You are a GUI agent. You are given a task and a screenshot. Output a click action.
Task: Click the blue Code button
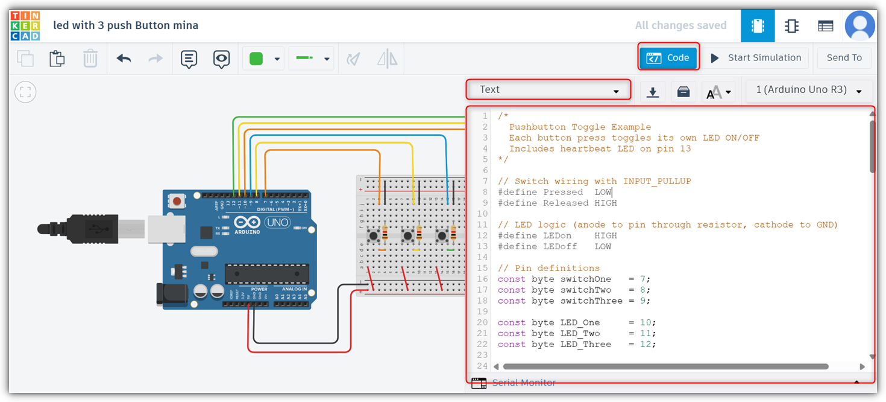[668, 58]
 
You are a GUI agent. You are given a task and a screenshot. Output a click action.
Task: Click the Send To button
[844, 58]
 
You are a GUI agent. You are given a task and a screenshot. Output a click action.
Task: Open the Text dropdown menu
[548, 90]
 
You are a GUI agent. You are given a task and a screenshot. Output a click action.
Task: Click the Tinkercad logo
[25, 25]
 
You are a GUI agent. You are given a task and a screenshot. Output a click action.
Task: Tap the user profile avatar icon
[859, 25]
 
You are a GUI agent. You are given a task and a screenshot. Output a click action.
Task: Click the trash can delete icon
[90, 59]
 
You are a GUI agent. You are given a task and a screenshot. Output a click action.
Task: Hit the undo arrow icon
[124, 59]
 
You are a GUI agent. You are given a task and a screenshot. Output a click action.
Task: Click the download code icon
[652, 92]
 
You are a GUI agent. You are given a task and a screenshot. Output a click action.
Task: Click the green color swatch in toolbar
[256, 59]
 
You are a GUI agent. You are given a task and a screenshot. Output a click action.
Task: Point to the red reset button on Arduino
[177, 200]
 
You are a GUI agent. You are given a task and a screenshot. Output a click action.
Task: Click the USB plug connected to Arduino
[90, 229]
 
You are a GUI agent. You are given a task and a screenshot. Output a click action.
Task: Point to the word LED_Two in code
[580, 333]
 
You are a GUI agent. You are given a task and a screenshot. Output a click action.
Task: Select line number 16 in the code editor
[482, 279]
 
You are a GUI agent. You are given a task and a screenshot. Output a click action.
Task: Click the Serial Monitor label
[524, 383]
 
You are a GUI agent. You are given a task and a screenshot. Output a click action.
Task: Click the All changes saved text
[680, 25]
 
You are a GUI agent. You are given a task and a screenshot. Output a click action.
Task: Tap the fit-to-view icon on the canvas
[25, 92]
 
